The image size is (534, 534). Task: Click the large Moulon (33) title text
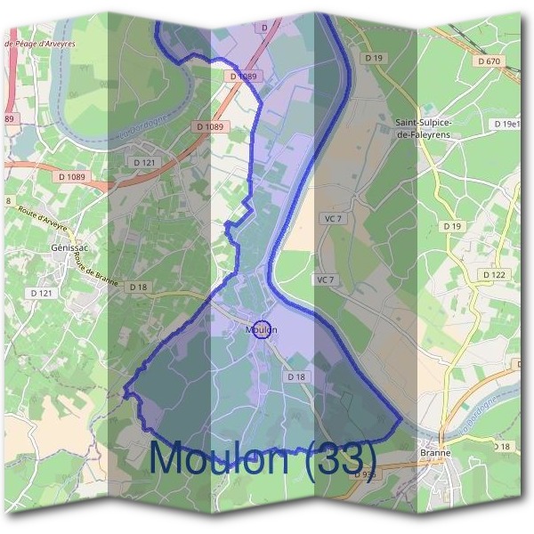pos(263,458)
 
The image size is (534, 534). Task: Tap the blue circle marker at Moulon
pos(262,330)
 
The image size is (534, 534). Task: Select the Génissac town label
pos(68,248)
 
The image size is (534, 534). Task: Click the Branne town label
pos(434,452)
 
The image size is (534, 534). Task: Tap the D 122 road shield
pos(494,275)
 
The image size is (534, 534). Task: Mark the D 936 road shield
pos(363,475)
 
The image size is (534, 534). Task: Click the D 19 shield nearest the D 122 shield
pos(453,227)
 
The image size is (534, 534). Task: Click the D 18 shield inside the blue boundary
pos(296,377)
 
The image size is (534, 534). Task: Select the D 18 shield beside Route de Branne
pos(137,287)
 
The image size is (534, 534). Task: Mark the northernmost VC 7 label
pos(334,218)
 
